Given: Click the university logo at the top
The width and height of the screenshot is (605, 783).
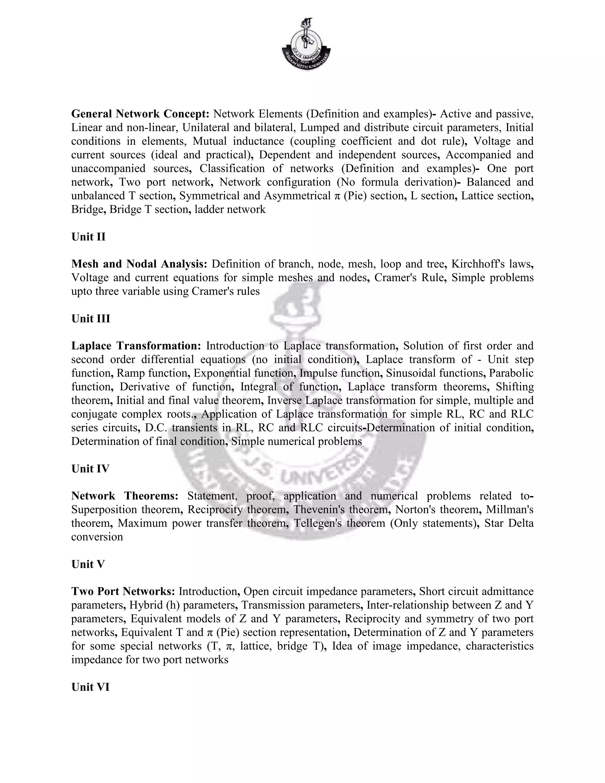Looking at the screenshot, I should [x=306, y=44].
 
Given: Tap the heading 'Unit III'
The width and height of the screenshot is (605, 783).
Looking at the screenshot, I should [x=91, y=319].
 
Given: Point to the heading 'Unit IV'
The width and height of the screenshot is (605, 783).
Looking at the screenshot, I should [x=90, y=469].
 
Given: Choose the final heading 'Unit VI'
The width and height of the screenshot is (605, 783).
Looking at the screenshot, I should [x=90, y=687].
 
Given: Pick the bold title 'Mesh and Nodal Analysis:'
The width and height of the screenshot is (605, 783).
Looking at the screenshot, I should [x=139, y=264].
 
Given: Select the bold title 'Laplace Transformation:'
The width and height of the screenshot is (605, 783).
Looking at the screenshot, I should [x=136, y=346].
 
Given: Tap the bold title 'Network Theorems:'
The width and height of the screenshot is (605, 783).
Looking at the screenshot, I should [x=125, y=496].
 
